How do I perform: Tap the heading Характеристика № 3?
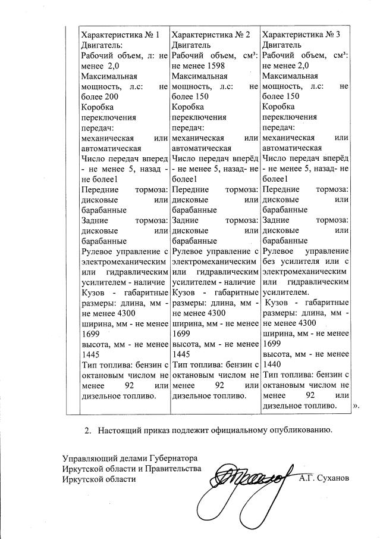pyautogui.click(x=301, y=35)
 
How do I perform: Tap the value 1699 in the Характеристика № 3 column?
pyautogui.click(x=272, y=344)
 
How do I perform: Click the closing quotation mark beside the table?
pyautogui.click(x=357, y=406)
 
